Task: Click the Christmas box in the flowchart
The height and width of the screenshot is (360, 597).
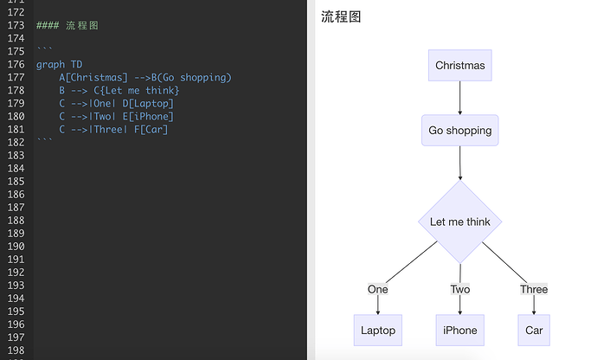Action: [x=460, y=65]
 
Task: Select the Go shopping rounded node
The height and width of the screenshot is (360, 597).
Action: [x=460, y=131]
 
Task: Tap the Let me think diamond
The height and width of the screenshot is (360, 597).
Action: [x=460, y=222]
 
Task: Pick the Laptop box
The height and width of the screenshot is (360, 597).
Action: [x=378, y=331]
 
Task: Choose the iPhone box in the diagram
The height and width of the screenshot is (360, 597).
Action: [x=460, y=331]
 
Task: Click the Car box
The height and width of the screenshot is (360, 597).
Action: [x=534, y=331]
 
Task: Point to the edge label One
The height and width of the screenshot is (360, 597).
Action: [x=378, y=290]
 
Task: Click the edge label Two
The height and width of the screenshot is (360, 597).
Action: [x=460, y=290]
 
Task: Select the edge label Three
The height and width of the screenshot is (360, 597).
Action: [x=534, y=290]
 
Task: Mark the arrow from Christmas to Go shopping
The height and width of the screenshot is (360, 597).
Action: [x=460, y=98]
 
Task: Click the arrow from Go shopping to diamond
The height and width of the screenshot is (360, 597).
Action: [x=460, y=163]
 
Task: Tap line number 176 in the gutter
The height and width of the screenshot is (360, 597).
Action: [x=16, y=64]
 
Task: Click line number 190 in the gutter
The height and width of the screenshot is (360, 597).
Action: [x=16, y=247]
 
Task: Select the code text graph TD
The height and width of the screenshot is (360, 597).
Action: [x=60, y=64]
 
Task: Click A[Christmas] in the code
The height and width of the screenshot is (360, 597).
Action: [x=93, y=77]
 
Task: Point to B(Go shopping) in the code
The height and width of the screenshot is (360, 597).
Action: [x=191, y=77]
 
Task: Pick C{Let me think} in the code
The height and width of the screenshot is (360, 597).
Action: [x=137, y=91]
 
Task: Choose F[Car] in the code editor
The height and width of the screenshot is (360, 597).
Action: [x=151, y=130]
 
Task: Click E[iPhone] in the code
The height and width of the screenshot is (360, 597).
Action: [x=148, y=117]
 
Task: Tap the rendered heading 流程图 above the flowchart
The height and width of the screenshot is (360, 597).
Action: [x=341, y=16]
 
